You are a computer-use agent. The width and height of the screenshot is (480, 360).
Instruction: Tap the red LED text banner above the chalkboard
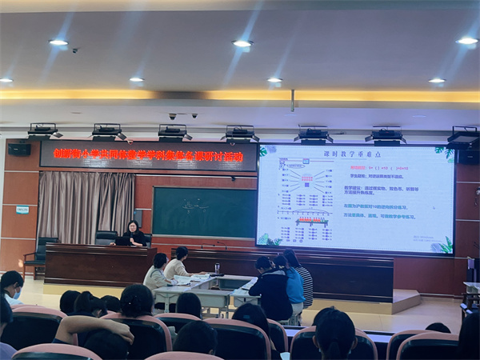(x=148, y=155)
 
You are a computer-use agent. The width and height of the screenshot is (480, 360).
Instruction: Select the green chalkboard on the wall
(x=204, y=212)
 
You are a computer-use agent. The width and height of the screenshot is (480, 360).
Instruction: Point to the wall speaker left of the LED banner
(x=19, y=149)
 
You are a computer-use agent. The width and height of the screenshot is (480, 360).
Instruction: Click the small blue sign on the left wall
(x=22, y=210)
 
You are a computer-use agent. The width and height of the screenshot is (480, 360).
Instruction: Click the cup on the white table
(x=217, y=268)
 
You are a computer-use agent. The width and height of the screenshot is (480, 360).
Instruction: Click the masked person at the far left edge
(x=11, y=287)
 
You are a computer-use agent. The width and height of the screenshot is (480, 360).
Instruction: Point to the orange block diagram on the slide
(x=306, y=178)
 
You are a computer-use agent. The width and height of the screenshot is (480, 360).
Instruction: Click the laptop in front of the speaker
(x=123, y=241)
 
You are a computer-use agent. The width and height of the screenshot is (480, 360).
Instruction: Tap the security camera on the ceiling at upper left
(x=74, y=50)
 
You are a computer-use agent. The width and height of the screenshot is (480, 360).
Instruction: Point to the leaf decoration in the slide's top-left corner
(x=263, y=151)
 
